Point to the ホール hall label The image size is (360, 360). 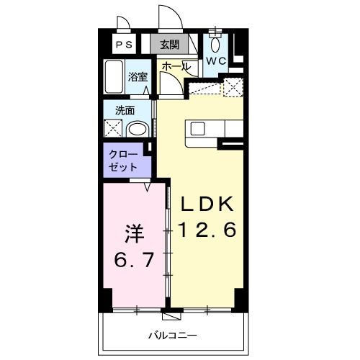pyautogui.click(x=176, y=66)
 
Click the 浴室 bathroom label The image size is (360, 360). pyautogui.click(x=138, y=75)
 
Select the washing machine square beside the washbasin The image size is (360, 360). pyautogui.click(x=114, y=130)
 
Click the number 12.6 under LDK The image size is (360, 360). pyautogui.click(x=207, y=231)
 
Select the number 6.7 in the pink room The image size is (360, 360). pyautogui.click(x=134, y=259)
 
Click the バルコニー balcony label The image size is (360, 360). pyautogui.click(x=173, y=335)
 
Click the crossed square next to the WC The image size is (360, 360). pyautogui.click(x=233, y=89)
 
